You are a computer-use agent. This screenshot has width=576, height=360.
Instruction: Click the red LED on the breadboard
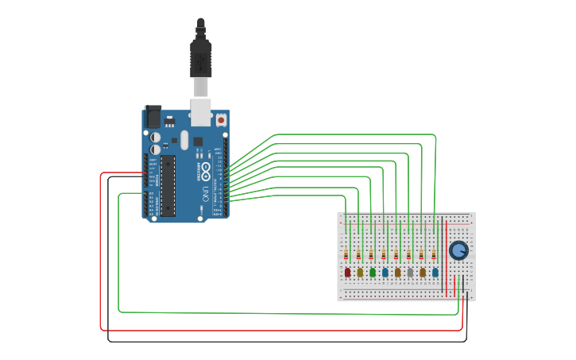(x=347, y=273)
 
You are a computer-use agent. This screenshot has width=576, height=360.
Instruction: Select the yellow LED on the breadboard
(x=360, y=273)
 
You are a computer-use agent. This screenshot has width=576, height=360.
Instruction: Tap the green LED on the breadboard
(x=373, y=273)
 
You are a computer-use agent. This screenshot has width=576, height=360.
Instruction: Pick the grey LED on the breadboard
(x=410, y=273)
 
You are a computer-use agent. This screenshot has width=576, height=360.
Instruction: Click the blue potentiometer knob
(x=458, y=251)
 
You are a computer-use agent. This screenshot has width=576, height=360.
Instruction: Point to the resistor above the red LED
(x=346, y=255)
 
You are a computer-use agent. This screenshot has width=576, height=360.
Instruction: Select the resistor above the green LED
(x=371, y=255)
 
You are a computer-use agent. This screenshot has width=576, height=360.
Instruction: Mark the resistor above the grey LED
(x=409, y=255)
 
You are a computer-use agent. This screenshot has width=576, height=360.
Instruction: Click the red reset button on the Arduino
(x=220, y=120)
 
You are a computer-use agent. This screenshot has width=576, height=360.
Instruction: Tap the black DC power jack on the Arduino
(x=153, y=116)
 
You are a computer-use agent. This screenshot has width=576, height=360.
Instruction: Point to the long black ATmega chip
(x=168, y=185)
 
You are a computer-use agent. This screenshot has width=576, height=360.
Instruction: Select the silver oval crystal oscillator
(x=184, y=140)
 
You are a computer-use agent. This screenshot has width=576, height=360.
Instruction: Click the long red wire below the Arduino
(x=278, y=330)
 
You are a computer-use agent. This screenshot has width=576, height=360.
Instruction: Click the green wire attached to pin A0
(x=119, y=254)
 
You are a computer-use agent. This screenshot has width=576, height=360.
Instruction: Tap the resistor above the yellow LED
(x=358, y=255)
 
